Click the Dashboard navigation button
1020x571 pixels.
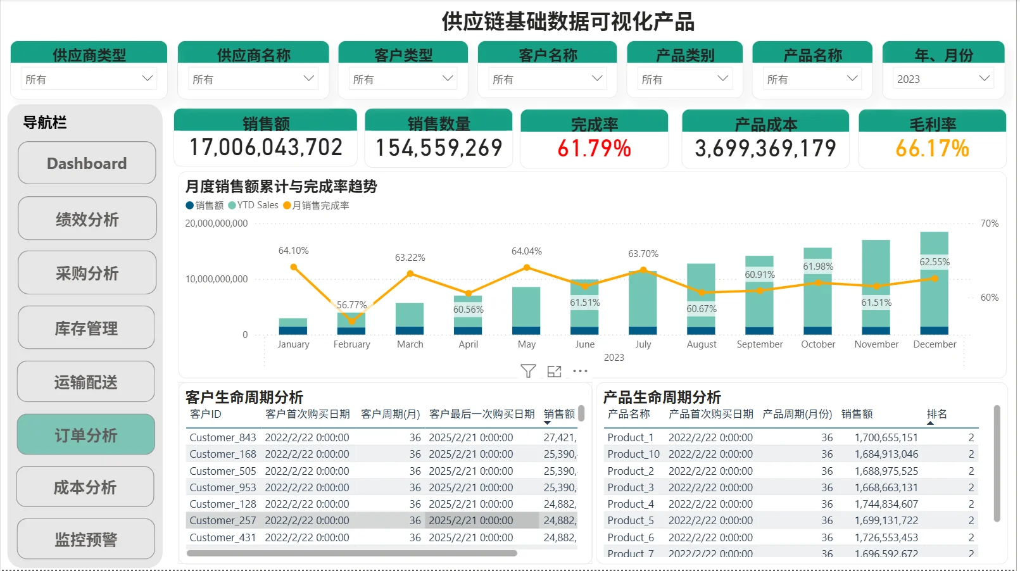[x=87, y=163]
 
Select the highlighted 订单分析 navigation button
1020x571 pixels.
[x=86, y=435]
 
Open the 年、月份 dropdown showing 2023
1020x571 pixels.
[x=943, y=79]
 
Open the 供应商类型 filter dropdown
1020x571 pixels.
[x=89, y=79]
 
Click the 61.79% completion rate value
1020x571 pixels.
[x=594, y=149]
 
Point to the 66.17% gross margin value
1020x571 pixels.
[x=932, y=149]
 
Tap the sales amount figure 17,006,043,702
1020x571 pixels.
[x=266, y=147]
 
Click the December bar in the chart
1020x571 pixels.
[x=934, y=282]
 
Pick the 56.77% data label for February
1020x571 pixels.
[x=351, y=305]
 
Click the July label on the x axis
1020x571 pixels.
[x=643, y=344]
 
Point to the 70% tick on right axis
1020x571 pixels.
[x=989, y=223]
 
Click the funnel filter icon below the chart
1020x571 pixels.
[x=528, y=371]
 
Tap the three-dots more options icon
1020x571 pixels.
[x=580, y=371]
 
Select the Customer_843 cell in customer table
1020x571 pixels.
[x=223, y=437]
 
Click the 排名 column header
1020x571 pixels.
[x=936, y=414]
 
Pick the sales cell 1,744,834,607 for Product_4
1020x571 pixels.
[x=886, y=504]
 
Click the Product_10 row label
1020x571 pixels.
[x=633, y=454]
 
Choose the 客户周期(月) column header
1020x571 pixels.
[x=390, y=414]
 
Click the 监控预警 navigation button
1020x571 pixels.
[x=86, y=539]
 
